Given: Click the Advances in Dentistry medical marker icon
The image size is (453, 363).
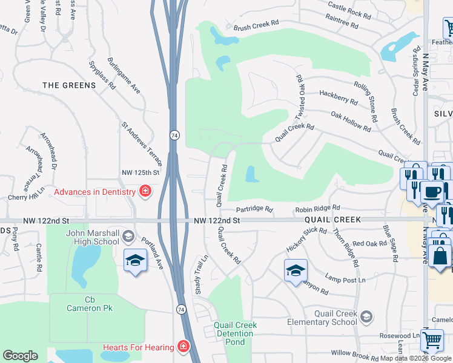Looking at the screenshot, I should click(145, 192).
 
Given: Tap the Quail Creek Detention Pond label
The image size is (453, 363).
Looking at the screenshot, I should click(236, 333).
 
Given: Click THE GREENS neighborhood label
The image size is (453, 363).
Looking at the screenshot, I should click(70, 85).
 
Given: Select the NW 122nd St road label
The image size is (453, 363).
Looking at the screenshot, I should click(217, 221).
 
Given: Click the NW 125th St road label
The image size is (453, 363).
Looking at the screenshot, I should click(140, 173).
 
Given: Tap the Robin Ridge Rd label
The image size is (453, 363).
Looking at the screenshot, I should click(318, 209).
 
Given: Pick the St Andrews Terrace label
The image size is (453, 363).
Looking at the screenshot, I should click(142, 143).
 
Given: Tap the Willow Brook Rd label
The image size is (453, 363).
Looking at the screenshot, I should click(354, 353).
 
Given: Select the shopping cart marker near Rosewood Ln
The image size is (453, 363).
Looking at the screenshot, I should click(432, 340).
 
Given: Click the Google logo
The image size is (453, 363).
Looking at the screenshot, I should click(20, 356).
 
